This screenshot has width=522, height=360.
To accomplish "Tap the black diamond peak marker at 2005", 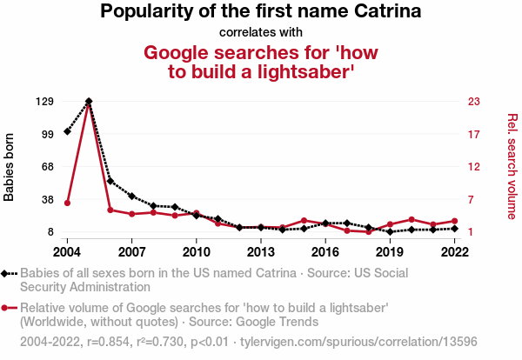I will coord(89,102).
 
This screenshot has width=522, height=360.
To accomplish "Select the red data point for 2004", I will coord(67,203).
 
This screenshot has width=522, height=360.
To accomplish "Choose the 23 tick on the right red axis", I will coord(474,102).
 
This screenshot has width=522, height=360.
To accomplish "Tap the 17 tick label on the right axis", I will coord(474,134).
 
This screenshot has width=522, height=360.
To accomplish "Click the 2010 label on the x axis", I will coord(196,252).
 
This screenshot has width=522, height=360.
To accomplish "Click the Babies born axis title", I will coord(10,167).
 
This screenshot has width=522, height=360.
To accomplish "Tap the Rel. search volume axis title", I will coord(512,166).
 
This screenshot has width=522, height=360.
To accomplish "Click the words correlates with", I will coord(260,32).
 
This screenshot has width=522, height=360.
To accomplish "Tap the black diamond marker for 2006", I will coord(110,181).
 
